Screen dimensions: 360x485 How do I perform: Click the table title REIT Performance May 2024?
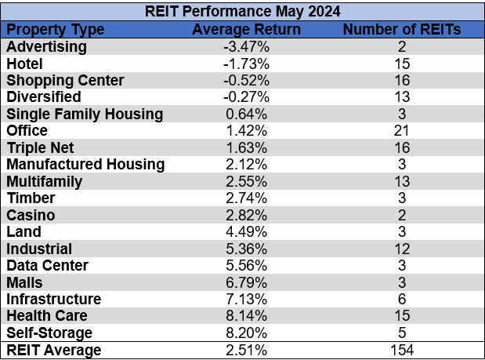[x=242, y=12]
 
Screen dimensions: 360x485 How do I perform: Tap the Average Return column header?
[x=246, y=29]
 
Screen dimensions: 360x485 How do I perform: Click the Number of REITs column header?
[x=402, y=29]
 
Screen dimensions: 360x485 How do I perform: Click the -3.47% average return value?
[x=246, y=46]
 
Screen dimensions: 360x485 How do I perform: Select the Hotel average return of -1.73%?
[x=246, y=64]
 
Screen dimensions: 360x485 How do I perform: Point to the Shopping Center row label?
[x=65, y=80]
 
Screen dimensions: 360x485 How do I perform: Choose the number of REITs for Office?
[x=401, y=131]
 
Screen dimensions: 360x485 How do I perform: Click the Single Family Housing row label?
[x=85, y=114]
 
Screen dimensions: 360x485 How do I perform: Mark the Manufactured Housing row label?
[x=85, y=165]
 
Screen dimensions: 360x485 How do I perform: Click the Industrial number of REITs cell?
[x=401, y=249]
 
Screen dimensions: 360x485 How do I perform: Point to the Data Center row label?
[x=48, y=266]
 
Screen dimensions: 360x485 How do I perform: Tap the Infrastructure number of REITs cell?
[x=401, y=300]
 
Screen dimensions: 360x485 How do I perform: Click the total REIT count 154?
[x=401, y=350]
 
